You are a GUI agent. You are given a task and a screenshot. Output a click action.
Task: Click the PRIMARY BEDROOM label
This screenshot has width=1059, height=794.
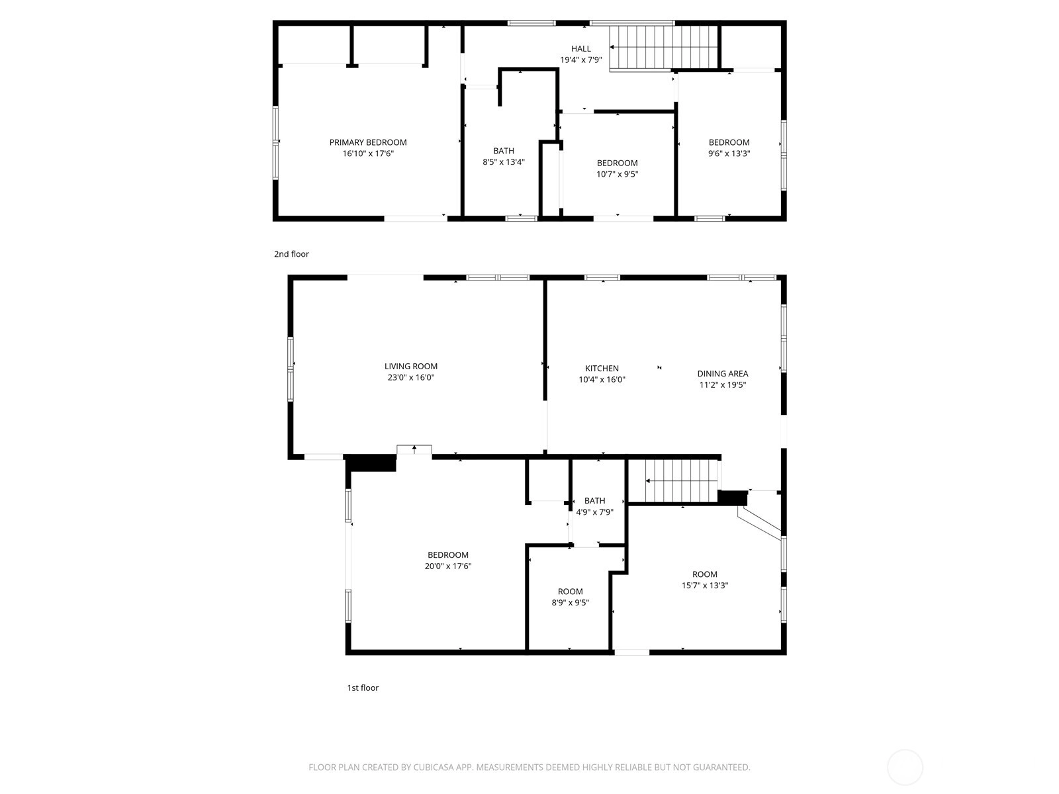click(367, 142)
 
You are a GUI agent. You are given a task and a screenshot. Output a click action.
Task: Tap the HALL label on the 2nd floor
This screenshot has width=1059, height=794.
click(581, 49)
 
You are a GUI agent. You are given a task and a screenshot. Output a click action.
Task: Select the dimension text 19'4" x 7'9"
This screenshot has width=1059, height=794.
click(581, 60)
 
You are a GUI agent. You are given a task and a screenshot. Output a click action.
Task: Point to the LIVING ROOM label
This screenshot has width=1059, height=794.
click(411, 367)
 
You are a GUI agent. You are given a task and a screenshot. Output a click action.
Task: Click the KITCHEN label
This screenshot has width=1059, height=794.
click(602, 369)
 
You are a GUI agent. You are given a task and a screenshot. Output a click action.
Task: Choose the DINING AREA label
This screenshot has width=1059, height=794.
click(723, 374)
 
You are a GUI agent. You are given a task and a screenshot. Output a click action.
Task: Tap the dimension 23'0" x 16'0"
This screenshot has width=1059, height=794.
click(411, 377)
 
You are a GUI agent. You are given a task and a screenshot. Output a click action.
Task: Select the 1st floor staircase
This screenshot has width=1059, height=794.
click(681, 480)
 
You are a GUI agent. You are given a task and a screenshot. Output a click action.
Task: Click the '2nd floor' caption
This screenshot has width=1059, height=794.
click(291, 254)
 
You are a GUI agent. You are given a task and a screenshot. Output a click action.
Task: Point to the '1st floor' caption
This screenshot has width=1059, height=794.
click(363, 688)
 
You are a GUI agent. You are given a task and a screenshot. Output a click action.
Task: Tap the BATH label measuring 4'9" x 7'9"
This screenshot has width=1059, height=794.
click(594, 501)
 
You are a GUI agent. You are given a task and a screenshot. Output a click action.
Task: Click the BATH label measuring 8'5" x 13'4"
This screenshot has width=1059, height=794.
click(504, 151)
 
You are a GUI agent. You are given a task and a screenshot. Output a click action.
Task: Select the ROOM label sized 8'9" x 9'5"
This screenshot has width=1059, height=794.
click(571, 592)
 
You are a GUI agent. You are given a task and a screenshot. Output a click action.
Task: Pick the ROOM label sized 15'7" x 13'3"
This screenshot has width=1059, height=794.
click(705, 574)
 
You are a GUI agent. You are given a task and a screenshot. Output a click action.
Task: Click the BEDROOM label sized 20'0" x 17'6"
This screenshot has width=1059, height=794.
click(447, 555)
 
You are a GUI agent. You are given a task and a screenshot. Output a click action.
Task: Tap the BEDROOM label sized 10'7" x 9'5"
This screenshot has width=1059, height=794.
click(617, 163)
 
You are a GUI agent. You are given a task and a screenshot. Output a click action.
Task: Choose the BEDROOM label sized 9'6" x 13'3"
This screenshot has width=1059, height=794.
click(729, 142)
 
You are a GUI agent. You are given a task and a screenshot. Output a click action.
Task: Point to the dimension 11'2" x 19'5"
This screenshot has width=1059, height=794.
click(723, 384)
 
